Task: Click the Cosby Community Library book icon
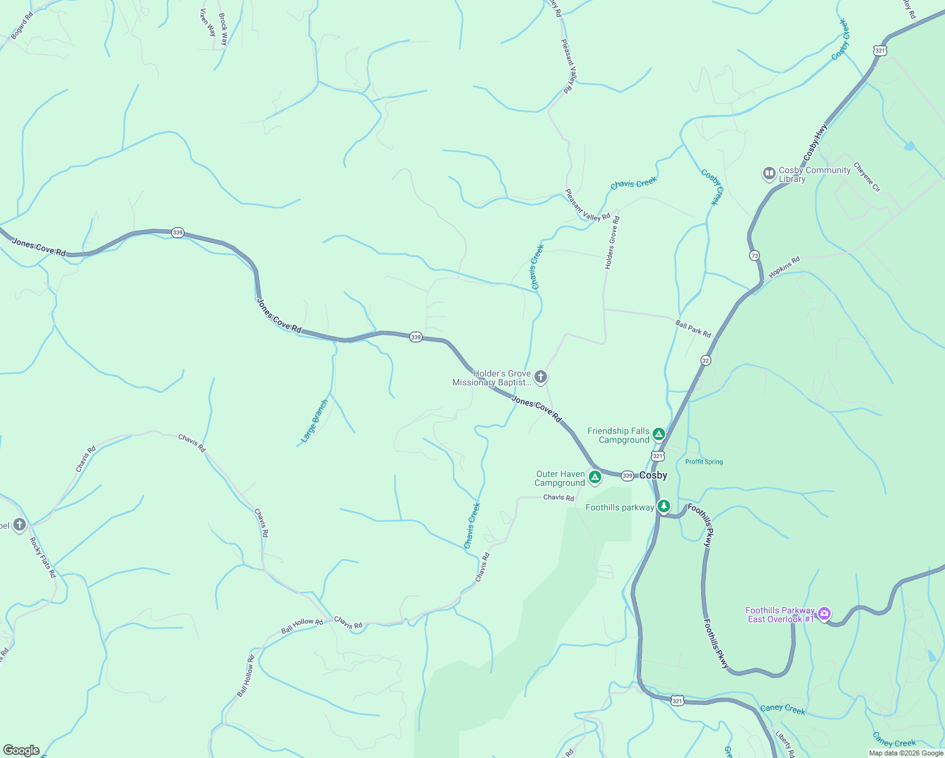769,173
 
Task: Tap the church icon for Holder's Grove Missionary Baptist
540,378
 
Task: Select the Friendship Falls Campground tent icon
659,434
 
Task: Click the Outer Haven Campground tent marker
594,477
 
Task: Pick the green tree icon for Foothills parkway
663,506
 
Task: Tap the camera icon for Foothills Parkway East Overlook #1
824,613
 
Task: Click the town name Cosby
653,475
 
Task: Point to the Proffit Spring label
704,462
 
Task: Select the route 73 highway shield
754,256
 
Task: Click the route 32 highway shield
706,360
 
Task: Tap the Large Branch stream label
315,420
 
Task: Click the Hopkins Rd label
785,267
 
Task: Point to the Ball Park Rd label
693,329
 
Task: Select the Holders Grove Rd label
612,243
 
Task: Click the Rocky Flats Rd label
43,557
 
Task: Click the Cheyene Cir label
867,177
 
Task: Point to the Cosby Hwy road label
816,142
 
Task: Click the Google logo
21,750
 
